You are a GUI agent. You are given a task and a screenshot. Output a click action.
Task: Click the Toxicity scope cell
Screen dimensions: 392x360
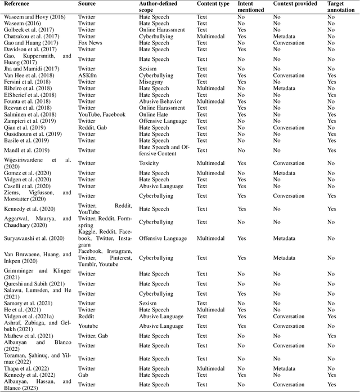(x=150, y=163)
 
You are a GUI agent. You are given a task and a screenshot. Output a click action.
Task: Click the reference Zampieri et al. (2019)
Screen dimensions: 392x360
(x=33, y=121)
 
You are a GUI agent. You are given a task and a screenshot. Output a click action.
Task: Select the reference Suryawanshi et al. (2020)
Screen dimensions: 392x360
(x=35, y=238)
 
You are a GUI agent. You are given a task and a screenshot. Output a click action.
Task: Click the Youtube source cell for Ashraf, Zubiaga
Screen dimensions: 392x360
(x=88, y=326)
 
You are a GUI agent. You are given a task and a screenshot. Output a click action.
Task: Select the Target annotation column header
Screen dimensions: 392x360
(x=340, y=7)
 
